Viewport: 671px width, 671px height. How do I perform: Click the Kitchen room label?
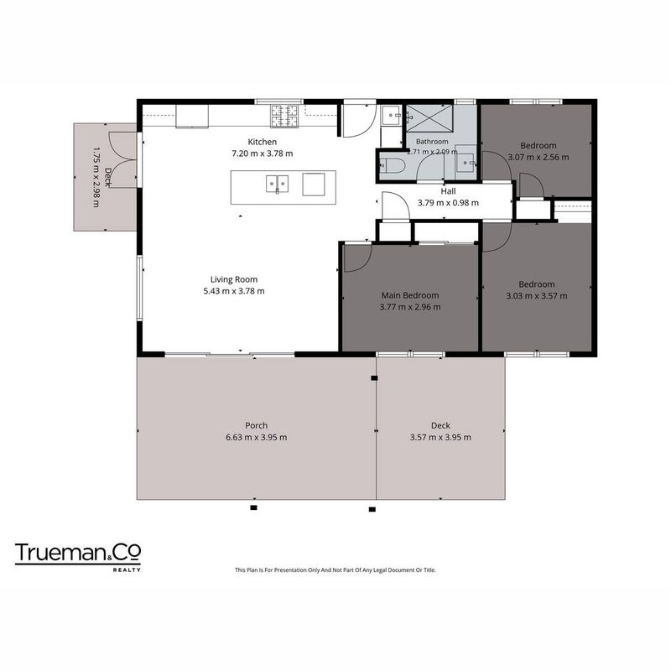pos(263,142)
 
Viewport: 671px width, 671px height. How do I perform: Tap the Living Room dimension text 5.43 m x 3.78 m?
pos(234,291)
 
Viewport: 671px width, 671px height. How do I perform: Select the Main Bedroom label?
pos(410,295)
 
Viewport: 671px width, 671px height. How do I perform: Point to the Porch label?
pos(257,425)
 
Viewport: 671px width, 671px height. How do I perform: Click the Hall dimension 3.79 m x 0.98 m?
pos(448,203)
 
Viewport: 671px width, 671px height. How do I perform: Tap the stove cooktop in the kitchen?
pos(283,116)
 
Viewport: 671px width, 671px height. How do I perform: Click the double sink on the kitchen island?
pos(277,184)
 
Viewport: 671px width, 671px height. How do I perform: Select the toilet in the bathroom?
pos(392,165)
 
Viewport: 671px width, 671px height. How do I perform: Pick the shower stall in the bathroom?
pos(429,118)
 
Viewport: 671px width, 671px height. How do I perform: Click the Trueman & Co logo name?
pos(78,553)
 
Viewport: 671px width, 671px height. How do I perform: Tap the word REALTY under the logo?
pos(127,570)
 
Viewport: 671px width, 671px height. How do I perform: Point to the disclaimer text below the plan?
pos(335,570)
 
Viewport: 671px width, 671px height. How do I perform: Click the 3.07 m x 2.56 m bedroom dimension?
pos(538,157)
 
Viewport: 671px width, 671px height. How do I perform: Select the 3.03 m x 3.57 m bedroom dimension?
pos(537,296)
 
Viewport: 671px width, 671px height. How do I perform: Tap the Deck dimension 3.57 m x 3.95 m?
pos(440,437)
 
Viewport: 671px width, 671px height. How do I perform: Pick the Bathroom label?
pos(432,142)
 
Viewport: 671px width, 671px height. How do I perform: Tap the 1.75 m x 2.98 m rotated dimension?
pos(96,178)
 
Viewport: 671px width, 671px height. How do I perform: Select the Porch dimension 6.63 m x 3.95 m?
pos(257,437)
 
